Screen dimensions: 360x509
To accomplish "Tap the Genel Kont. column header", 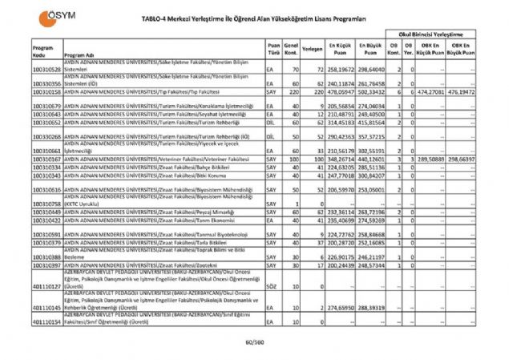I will coord(293,51).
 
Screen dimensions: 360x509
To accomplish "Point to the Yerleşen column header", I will coord(313,49).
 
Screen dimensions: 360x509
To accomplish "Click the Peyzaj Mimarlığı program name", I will coord(160,212).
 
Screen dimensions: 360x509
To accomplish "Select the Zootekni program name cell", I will coord(160,265).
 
